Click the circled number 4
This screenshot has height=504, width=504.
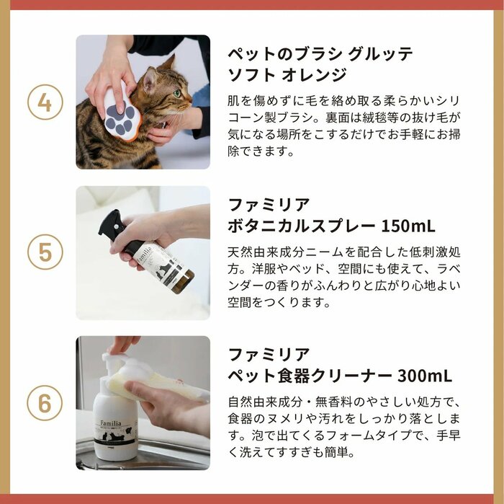[45, 102]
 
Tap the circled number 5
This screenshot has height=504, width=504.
[45, 253]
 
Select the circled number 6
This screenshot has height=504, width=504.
[45, 403]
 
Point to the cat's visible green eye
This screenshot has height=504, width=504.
[176, 93]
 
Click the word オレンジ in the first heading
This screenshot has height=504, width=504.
[318, 75]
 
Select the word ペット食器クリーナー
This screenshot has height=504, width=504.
[310, 376]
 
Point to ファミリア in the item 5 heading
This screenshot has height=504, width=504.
[269, 203]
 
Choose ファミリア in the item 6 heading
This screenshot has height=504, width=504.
[269, 354]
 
